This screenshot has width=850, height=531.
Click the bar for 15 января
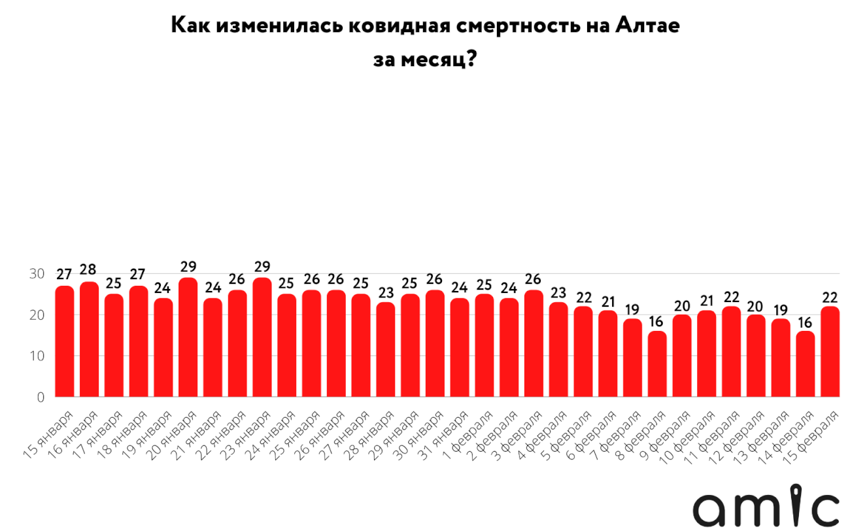(65, 341)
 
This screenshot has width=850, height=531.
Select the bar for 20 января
(188, 337)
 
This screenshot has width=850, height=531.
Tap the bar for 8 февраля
(657, 364)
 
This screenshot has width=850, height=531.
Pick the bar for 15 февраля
(830, 351)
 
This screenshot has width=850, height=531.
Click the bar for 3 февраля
(534, 343)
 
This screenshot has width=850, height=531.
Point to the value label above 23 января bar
(262, 267)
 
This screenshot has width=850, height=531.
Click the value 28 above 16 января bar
(88, 269)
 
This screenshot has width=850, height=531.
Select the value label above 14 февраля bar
(805, 322)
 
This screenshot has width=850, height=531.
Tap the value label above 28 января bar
(386, 292)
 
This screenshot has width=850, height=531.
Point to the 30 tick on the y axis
(37, 273)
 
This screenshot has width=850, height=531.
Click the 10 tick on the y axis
(37, 356)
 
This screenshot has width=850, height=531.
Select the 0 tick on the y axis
(41, 398)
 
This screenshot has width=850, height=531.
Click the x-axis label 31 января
(443, 436)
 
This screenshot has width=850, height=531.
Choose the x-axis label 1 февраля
(467, 436)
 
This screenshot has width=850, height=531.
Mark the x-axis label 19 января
(146, 436)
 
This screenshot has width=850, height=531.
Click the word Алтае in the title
(647, 26)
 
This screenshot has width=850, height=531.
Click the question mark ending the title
(471, 59)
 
